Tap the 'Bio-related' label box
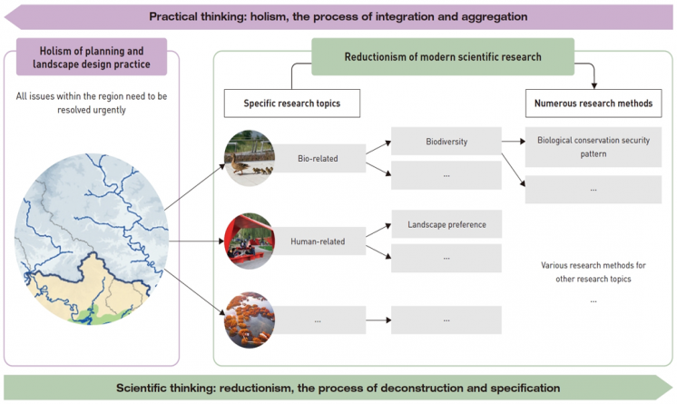pyautogui.click(x=318, y=159)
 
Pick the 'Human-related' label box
pyautogui.click(x=318, y=242)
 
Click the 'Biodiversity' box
pyautogui.click(x=446, y=143)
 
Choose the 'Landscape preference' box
pyautogui.click(x=446, y=223)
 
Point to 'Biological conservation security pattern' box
pyautogui.click(x=593, y=147)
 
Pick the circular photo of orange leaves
pyautogui.click(x=250, y=320)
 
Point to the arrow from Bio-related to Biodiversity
pyautogui.click(x=378, y=151)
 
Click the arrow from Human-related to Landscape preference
pyautogui.click(x=378, y=232)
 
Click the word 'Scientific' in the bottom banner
pyautogui.click(x=146, y=388)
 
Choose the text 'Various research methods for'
pyautogui.click(x=593, y=265)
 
